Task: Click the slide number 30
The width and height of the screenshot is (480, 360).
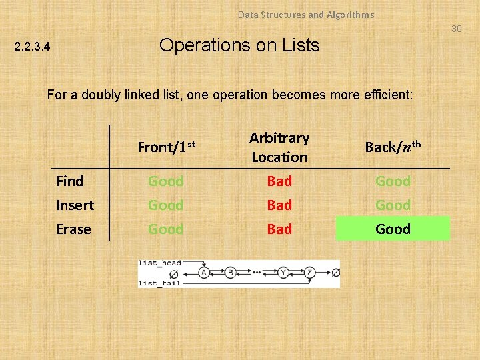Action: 456,29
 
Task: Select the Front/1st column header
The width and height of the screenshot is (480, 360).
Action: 166,147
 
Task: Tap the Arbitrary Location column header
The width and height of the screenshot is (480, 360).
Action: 279,147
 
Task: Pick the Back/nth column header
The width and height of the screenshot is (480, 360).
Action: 393,147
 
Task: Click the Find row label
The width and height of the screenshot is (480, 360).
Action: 70,181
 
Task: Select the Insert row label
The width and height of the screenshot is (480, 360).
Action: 75,205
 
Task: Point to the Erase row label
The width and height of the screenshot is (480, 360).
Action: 73,229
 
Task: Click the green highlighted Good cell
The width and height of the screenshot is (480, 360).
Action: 393,229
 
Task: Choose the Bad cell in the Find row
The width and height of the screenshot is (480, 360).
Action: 279,181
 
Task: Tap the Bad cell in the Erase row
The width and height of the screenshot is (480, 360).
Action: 279,229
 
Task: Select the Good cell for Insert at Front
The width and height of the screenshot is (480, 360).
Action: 165,205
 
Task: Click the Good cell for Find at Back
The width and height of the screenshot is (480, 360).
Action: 393,181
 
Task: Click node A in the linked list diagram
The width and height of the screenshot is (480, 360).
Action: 204,273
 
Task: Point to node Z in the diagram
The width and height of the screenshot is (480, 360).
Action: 311,273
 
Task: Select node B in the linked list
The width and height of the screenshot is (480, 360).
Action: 230,273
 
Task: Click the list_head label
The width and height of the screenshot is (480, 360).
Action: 159,264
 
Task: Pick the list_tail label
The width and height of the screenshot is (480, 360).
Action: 159,283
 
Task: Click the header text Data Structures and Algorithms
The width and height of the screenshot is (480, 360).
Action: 306,15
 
